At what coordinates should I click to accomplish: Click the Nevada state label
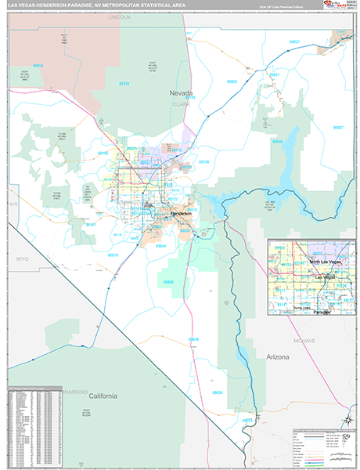(x=182, y=93)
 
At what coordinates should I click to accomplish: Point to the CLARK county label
(x=182, y=102)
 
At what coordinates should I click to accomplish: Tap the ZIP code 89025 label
(x=232, y=81)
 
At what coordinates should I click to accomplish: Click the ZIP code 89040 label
(x=277, y=141)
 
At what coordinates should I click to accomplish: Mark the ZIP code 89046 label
(x=193, y=339)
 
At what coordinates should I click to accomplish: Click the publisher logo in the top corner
(x=341, y=8)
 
